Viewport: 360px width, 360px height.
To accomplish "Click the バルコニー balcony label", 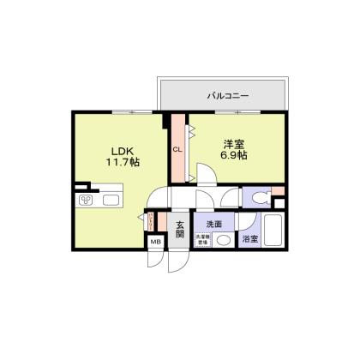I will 227,96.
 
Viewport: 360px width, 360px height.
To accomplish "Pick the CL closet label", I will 178,150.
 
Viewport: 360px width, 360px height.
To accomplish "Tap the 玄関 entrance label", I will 180,230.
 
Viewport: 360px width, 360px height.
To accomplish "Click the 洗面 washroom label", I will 213,224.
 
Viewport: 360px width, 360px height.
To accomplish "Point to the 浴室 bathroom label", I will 250,239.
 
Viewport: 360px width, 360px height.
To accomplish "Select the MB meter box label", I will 156,243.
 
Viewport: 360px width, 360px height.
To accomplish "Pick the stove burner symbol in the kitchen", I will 87,201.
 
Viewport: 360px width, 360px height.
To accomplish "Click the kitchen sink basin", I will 112,201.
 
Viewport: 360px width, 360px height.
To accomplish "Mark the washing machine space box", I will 203,241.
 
